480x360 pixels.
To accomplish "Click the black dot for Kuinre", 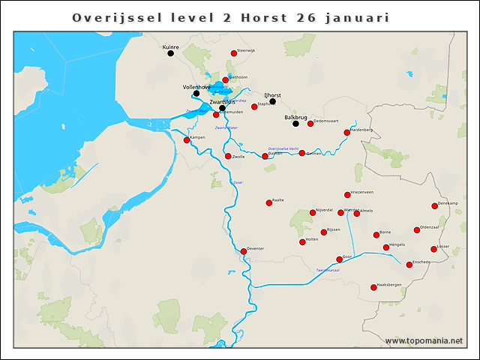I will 170,53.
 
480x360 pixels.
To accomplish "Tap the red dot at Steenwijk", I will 234,53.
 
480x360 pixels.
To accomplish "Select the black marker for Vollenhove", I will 196,94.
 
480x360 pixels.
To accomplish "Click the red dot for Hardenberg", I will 347,133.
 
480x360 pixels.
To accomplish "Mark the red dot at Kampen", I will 187,139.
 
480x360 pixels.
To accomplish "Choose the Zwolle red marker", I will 228,156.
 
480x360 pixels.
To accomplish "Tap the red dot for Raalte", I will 268,202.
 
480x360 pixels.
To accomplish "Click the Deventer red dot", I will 241,250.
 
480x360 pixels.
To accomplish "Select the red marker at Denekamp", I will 434,205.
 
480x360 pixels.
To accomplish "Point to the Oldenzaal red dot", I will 417,230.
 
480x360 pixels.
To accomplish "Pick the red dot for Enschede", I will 409,264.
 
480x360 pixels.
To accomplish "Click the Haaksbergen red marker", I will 373,287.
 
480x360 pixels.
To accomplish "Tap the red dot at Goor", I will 339,259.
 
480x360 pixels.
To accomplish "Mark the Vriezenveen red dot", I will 347,195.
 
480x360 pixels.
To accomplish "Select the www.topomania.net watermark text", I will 424,341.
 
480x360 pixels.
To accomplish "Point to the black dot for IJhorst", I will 272,101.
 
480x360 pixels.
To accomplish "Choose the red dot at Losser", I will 433,249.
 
